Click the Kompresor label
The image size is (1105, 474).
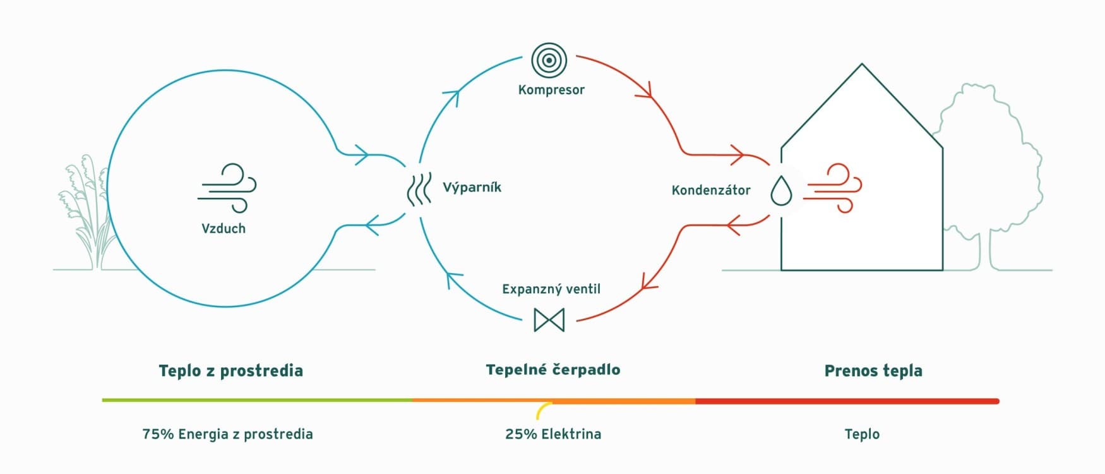551,90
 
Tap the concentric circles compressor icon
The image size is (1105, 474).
549,61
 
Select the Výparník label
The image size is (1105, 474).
472,187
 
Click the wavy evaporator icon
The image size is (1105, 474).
419,189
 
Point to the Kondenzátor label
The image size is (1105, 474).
711,190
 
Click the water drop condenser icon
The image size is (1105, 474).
782,190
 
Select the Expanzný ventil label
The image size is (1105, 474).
551,289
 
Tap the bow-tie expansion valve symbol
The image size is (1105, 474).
549,320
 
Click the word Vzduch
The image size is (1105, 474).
224,229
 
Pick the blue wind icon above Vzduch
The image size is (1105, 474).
227,188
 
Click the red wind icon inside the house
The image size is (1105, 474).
835,188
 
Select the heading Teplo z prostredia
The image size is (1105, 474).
231,370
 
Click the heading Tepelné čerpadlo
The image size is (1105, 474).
553,369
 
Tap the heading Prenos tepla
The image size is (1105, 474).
873,370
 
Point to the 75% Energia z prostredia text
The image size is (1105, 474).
227,434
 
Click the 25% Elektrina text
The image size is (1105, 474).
553,434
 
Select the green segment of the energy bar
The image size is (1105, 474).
257,400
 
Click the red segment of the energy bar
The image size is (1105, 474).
847,401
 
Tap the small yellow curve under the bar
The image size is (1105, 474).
542,410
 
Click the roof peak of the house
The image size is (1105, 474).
862,64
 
